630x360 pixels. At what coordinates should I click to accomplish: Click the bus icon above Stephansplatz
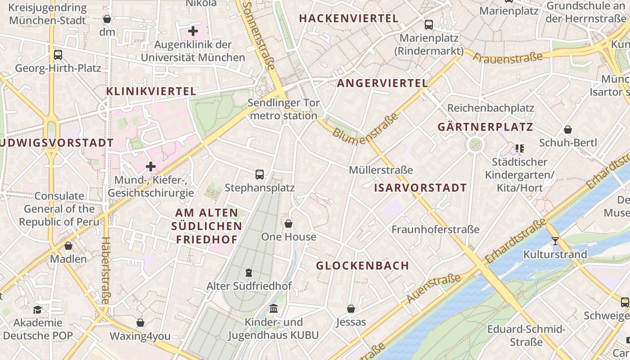pos(259,174)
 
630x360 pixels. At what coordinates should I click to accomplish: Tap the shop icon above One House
pos(288,224)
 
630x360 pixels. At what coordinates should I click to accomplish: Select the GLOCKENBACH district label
pos(362,265)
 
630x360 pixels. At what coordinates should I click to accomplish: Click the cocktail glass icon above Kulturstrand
pos(555,241)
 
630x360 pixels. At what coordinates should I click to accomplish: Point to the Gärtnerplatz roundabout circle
pos(476,144)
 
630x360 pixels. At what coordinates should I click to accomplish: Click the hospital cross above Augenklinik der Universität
pos(193,31)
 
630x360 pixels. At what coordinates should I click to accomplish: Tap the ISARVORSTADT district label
pos(420,188)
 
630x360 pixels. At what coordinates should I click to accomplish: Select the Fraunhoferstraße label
pos(435,229)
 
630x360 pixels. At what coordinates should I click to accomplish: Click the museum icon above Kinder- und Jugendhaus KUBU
pos(274,309)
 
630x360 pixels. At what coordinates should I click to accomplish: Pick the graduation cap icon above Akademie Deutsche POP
pos(37,310)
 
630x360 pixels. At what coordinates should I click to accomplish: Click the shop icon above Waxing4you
pos(140,323)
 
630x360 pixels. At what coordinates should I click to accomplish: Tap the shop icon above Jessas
pos(351,309)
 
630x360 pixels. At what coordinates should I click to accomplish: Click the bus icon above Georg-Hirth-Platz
pos(58,55)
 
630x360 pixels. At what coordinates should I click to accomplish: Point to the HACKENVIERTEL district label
pos(349,18)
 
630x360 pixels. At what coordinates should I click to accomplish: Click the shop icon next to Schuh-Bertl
pos(568,130)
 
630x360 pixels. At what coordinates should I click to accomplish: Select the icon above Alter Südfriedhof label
pos(249,272)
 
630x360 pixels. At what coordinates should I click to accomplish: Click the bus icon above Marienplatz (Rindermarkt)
pos(429,24)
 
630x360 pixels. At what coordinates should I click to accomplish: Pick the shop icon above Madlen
pos(68,246)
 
